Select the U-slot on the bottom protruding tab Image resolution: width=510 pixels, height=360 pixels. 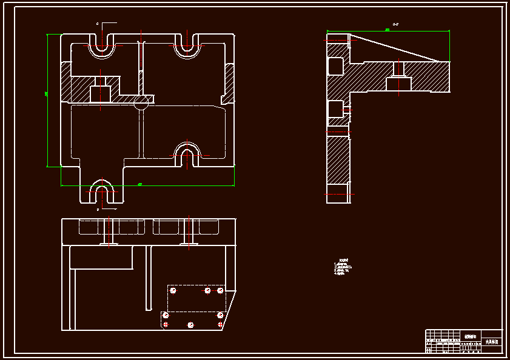click(101, 192)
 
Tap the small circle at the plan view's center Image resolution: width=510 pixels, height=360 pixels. click(141, 103)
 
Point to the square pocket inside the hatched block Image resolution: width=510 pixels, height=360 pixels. click(100, 93)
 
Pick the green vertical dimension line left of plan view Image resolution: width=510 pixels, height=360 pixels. click(47, 100)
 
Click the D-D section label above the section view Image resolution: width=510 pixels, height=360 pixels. click(395, 25)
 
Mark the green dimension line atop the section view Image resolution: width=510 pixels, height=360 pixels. click(388, 30)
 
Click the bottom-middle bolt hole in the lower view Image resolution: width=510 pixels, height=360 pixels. click(190, 325)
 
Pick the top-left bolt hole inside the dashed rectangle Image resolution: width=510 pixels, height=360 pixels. click(173, 291)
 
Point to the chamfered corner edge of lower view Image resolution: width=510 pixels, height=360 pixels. click(229, 310)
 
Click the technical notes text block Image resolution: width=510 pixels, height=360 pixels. click(343, 267)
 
